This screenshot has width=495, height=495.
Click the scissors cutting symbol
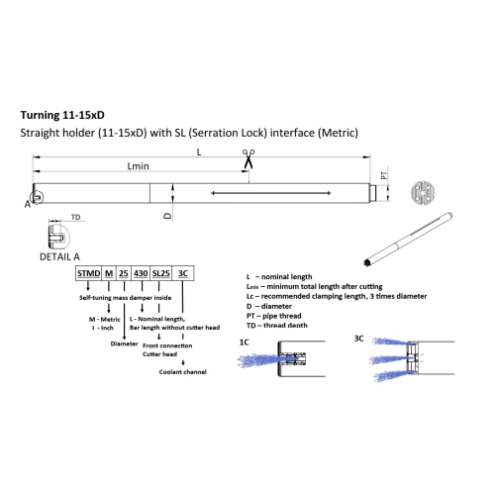[248, 158]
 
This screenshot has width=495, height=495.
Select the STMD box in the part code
[88, 273]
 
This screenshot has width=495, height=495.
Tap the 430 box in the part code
[141, 273]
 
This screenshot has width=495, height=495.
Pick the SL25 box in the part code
[161, 273]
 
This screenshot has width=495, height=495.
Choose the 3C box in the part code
[183, 273]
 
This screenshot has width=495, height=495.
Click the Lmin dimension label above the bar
[139, 166]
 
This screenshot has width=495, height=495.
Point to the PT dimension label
[384, 175]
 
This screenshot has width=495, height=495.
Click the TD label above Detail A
[75, 217]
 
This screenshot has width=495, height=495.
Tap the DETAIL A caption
[59, 256]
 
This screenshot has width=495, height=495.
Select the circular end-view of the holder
[423, 193]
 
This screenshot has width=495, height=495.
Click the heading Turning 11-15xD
[62, 115]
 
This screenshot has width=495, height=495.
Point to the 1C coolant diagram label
[244, 343]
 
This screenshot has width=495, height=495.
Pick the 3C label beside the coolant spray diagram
[358, 339]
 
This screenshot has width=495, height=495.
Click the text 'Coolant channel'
[183, 372]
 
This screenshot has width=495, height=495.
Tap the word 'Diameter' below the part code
[124, 344]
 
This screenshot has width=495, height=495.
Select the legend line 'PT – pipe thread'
[274, 316]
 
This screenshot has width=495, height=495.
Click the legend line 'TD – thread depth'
[277, 326]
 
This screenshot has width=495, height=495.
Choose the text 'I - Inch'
[103, 328]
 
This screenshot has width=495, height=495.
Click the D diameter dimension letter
[168, 216]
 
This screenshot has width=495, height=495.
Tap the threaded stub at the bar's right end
[373, 193]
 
